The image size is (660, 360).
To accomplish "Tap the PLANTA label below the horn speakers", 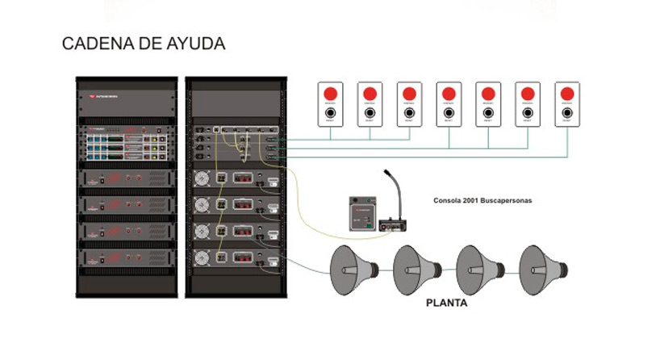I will [x=446, y=305].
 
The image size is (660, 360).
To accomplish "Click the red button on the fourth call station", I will [x=449, y=94].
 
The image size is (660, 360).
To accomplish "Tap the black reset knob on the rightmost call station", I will [x=567, y=113].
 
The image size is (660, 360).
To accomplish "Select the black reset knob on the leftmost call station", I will [x=330, y=113].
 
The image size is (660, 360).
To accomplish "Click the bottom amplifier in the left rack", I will [x=127, y=259].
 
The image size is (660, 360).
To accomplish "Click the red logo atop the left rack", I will [x=93, y=96].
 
